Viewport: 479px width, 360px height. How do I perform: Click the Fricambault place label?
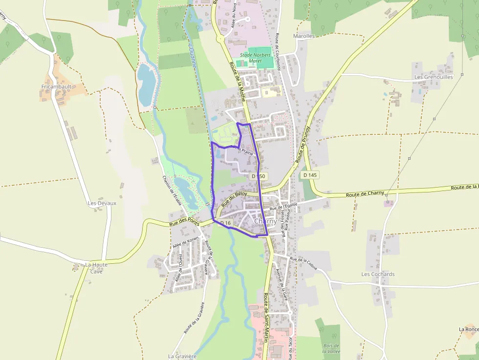[x=56, y=86]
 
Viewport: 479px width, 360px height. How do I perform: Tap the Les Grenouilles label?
[x=434, y=77]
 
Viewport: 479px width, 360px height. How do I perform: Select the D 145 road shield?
[x=310, y=175]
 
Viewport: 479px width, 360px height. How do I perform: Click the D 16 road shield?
[x=225, y=223]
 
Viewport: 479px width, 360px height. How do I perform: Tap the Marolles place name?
[x=304, y=36]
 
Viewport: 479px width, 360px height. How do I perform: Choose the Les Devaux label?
[x=102, y=203]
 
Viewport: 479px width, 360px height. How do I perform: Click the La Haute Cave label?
[x=96, y=268]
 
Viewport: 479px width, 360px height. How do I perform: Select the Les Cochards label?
[x=378, y=274]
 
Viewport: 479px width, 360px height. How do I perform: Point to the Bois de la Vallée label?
[x=331, y=348]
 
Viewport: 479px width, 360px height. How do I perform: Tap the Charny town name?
[x=265, y=221]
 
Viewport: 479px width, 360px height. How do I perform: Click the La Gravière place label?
[x=182, y=356]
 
